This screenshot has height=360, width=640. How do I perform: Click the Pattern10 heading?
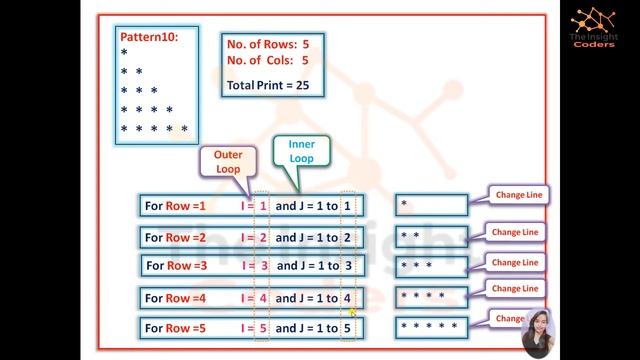(x=149, y=37)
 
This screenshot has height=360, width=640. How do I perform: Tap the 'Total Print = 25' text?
(x=268, y=86)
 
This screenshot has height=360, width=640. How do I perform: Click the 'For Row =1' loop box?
(x=250, y=206)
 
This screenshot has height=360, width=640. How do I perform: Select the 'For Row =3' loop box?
(x=250, y=266)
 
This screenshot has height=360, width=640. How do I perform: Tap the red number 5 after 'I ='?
(x=263, y=327)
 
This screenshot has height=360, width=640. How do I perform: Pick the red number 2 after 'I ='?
(x=263, y=237)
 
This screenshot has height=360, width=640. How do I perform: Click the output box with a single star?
(x=431, y=206)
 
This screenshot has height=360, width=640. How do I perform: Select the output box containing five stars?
(x=431, y=327)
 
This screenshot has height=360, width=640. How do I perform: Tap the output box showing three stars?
(x=431, y=266)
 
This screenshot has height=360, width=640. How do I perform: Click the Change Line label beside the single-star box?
(x=516, y=195)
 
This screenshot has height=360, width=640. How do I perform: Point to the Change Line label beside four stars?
(x=516, y=288)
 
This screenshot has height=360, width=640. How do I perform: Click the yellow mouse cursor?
(x=353, y=313)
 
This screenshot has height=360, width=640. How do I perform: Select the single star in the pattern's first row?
(x=124, y=53)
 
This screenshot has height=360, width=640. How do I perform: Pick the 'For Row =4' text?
(x=176, y=298)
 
